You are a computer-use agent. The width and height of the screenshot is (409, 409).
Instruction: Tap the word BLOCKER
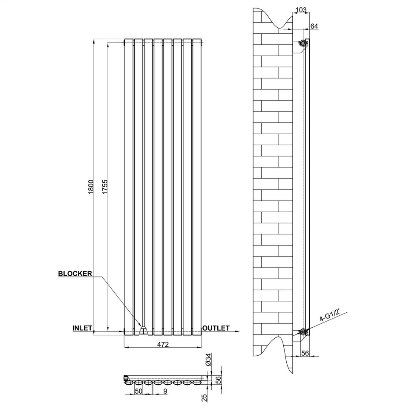[75, 274]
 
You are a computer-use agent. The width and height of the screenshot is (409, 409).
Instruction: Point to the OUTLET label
[216, 328]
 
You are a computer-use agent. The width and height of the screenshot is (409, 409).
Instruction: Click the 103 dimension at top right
[300, 9]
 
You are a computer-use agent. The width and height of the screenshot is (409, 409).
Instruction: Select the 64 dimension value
[314, 26]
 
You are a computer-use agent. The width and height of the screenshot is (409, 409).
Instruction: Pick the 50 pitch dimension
[138, 390]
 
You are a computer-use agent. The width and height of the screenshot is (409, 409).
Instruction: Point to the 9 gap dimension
[165, 390]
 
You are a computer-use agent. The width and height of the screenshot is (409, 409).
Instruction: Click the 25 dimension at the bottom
[204, 397]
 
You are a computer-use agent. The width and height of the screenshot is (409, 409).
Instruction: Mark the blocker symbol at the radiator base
[144, 330]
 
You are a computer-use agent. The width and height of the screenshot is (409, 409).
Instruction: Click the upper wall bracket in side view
[303, 43]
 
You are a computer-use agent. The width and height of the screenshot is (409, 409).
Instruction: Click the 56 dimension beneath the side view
[305, 352]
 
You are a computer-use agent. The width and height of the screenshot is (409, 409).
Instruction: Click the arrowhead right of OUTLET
[236, 331]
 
